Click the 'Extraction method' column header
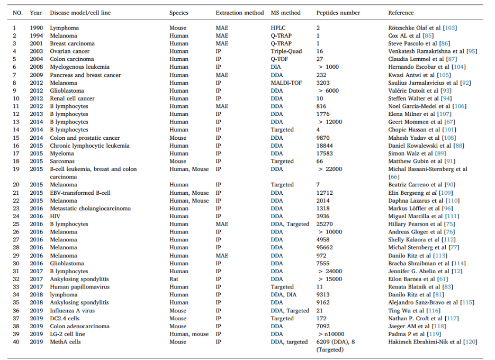pos(239,13)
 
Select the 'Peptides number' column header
pos(338,13)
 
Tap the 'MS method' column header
pos(285,13)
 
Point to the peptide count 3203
pos(323,83)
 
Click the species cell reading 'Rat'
pos(174,279)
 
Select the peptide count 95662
pos(325,248)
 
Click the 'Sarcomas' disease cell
pos(62,161)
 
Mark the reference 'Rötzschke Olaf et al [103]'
pos(422,28)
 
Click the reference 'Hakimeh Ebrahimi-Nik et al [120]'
pos(433,342)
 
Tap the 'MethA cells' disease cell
pos(66,342)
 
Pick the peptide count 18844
pos(325,146)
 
